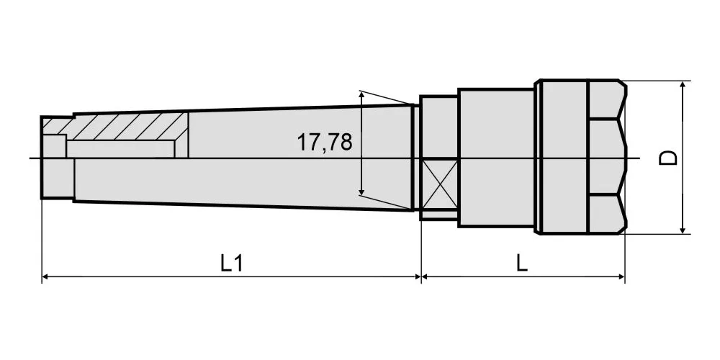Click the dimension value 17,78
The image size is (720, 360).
click(x=325, y=143)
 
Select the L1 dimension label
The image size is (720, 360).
click(x=231, y=264)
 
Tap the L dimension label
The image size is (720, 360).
click(x=521, y=264)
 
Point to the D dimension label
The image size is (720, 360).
click(x=668, y=158)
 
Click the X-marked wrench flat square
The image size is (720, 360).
click(x=439, y=184)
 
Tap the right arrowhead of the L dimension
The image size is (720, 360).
click(x=621, y=276)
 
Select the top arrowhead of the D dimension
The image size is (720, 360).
click(x=683, y=85)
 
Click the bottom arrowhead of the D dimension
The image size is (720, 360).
click(x=683, y=230)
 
